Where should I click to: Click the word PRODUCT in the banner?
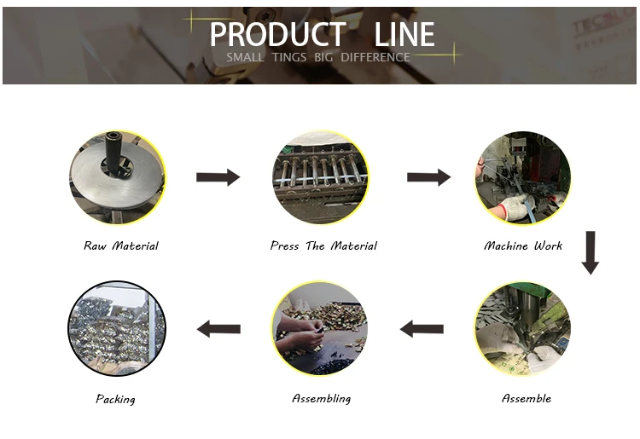pyautogui.click(x=277, y=35)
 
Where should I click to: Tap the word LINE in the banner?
pyautogui.click(x=404, y=35)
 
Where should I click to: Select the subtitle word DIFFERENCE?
pyautogui.click(x=375, y=58)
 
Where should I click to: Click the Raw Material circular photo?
pyautogui.click(x=117, y=177)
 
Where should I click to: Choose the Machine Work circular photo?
pyautogui.click(x=522, y=177)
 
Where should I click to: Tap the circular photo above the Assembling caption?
pyautogui.click(x=320, y=329)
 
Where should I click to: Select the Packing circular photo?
pyautogui.click(x=117, y=329)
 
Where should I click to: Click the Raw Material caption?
pyautogui.click(x=121, y=246)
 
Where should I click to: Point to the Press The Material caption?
pyautogui.click(x=323, y=246)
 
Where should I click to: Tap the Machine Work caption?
pyautogui.click(x=523, y=246)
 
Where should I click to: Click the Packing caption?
pyautogui.click(x=115, y=399)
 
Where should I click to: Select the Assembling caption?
pyautogui.click(x=321, y=399)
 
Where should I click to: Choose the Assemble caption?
pyautogui.click(x=526, y=399)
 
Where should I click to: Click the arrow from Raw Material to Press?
pyautogui.click(x=218, y=177)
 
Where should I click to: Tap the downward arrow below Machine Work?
pyautogui.click(x=591, y=253)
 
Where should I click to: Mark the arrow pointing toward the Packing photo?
pyautogui.click(x=218, y=328)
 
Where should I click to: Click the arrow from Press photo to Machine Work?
pyautogui.click(x=428, y=177)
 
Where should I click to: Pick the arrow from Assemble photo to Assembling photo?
pyautogui.click(x=422, y=328)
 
